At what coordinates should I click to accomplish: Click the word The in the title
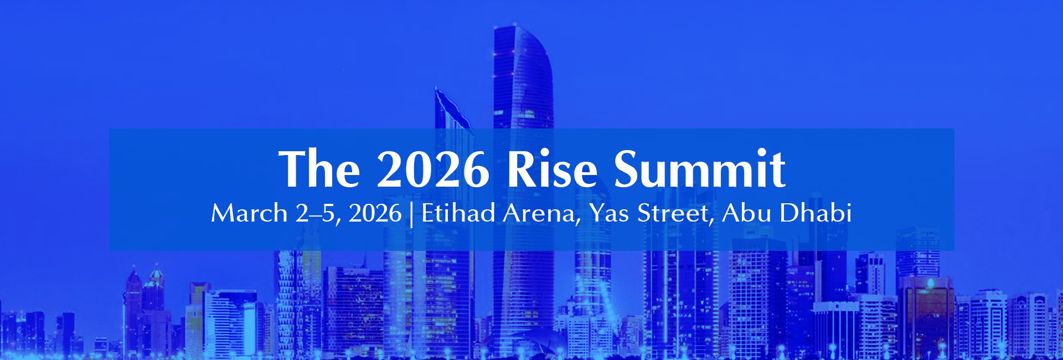[319, 169]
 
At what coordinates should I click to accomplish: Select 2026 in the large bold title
[432, 169]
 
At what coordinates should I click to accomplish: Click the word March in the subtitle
[249, 213]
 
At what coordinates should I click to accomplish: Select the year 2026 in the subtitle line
[375, 213]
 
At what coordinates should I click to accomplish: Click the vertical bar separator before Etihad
[411, 214]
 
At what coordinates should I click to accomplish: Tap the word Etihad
[458, 213]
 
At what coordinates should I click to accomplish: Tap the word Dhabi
[816, 213]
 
